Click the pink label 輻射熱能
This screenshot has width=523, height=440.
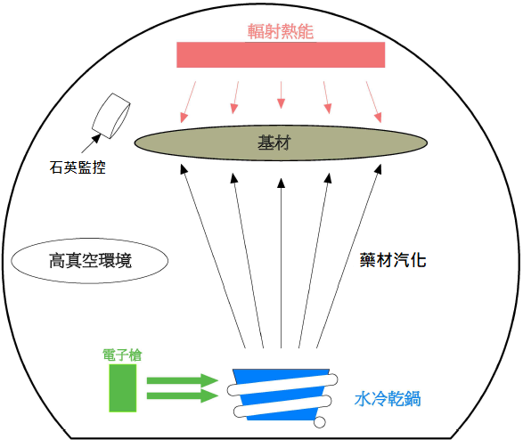tap(280, 31)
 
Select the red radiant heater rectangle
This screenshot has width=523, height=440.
tap(281, 55)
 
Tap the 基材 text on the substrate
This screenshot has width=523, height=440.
tap(274, 143)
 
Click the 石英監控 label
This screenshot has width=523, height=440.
tap(78, 167)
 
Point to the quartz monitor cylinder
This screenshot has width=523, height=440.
tap(111, 116)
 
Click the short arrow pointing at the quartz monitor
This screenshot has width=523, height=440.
tap(91, 143)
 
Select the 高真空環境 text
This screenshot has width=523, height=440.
tap(90, 261)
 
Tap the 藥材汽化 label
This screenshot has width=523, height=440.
tap(393, 260)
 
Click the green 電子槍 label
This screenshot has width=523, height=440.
tap(122, 355)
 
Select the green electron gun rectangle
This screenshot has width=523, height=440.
tap(123, 388)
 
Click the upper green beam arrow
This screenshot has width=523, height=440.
tap(183, 380)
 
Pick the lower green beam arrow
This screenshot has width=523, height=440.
tap(183, 395)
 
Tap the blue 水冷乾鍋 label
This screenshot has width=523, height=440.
tap(388, 399)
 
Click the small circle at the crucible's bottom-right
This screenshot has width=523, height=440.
tap(319, 422)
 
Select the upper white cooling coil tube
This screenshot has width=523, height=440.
tap(282, 385)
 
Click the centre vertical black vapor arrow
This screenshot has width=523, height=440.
tap(282, 264)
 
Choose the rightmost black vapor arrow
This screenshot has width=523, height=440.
tap(349, 256)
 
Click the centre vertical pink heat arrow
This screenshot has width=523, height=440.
tap(282, 95)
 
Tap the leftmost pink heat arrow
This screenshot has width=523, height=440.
tap(188, 102)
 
